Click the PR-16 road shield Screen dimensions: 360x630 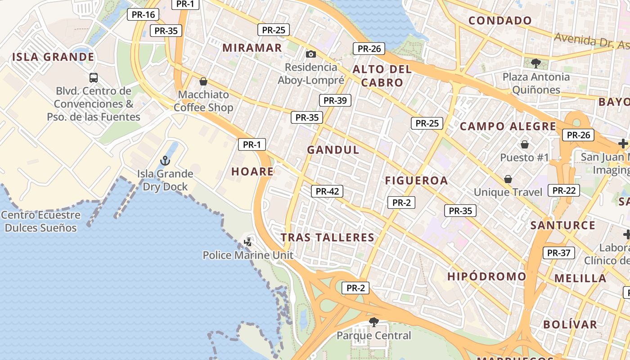[x=143, y=14]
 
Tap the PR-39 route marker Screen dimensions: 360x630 [x=335, y=100]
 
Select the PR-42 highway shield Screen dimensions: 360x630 [x=327, y=191]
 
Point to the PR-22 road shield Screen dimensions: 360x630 [x=564, y=190]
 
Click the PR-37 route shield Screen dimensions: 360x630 [x=558, y=253]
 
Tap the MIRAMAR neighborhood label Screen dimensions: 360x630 [x=252, y=48]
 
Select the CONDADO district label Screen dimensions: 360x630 [x=500, y=21]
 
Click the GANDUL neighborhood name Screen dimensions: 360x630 [x=333, y=150]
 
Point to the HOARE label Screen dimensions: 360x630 [x=252, y=171]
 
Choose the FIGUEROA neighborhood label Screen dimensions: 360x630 [x=416, y=181]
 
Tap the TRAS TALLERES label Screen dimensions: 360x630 [x=328, y=238]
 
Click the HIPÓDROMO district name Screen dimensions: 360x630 [x=486, y=276]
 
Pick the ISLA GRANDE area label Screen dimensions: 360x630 [x=53, y=57]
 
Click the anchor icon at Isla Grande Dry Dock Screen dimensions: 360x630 [x=165, y=161]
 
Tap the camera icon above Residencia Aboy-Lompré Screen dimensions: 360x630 [x=310, y=54]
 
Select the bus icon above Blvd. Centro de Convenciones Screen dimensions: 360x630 [x=94, y=77]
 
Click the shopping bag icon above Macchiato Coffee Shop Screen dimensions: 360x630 [x=203, y=81]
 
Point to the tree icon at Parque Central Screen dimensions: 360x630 [x=373, y=322]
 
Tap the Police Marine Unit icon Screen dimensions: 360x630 [x=248, y=242]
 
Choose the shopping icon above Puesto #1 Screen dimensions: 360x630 [x=524, y=144]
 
